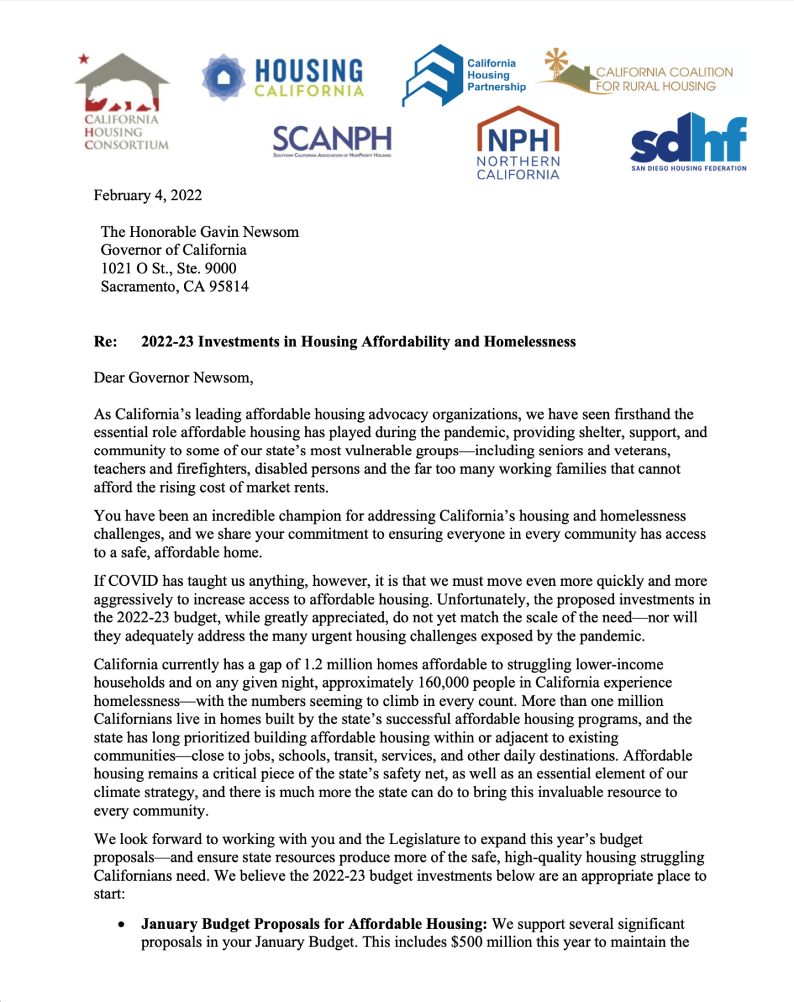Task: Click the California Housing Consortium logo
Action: (x=122, y=101)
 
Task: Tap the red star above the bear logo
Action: (x=84, y=59)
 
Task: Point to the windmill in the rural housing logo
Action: (x=557, y=61)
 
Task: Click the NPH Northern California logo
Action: (x=518, y=144)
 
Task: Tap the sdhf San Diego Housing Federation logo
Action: (x=688, y=142)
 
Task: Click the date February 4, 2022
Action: (x=147, y=196)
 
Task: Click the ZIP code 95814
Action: (x=228, y=286)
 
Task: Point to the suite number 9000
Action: (x=221, y=268)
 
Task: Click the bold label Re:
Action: (x=106, y=342)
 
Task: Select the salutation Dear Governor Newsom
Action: (x=173, y=378)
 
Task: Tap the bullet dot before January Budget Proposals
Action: (x=121, y=925)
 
